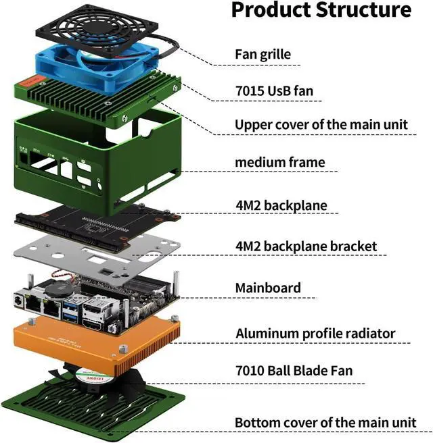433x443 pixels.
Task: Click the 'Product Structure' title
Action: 321,10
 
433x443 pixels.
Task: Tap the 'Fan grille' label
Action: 263,53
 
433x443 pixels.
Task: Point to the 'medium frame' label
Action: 279,162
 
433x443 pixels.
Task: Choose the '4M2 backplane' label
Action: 281,205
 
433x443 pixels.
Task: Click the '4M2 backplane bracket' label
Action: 306,246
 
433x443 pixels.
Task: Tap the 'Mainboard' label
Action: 268,288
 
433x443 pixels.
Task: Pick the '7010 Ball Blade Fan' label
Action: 294,371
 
